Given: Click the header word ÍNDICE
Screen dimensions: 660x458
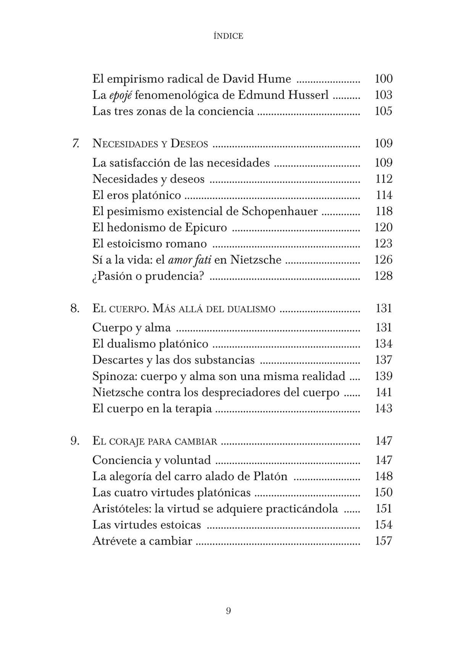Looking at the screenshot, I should [x=228, y=36].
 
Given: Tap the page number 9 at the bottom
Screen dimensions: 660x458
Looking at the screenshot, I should [x=229, y=611].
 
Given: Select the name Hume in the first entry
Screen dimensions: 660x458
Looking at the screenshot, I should [x=274, y=79].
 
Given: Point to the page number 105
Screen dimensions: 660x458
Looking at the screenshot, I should [x=384, y=111].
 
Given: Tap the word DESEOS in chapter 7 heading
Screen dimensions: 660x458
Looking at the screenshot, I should [x=189, y=144].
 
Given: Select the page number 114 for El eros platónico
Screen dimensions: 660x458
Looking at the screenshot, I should [x=384, y=195].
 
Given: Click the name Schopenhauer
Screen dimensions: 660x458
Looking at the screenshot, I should [x=280, y=211].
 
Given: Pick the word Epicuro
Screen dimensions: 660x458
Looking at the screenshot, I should [x=206, y=228].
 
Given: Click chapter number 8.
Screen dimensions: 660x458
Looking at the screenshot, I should [x=75, y=308].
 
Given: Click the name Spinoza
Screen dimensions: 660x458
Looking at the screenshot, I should [x=114, y=376].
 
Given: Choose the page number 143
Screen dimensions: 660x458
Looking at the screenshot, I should [x=384, y=408].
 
